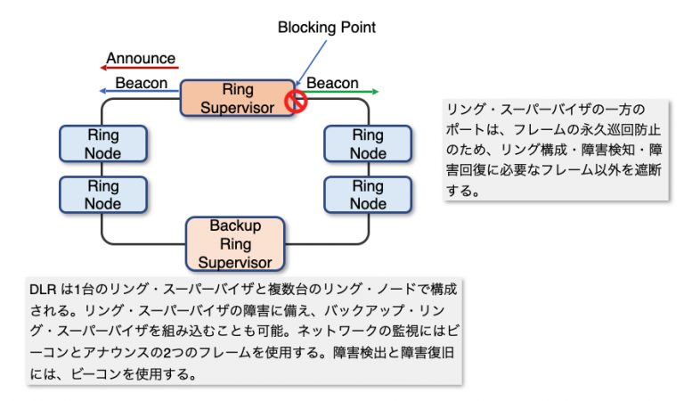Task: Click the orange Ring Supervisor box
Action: tap(237, 99)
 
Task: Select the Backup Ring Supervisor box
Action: tap(235, 243)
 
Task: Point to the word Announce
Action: tap(141, 59)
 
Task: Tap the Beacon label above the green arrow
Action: tap(332, 83)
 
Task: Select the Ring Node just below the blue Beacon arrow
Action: tap(103, 144)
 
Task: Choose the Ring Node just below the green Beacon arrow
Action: tap(367, 144)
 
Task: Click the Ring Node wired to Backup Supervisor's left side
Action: tap(103, 195)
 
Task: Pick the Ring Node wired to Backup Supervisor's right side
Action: tap(367, 195)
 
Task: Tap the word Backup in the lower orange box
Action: tap(235, 225)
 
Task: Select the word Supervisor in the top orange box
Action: tap(237, 108)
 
